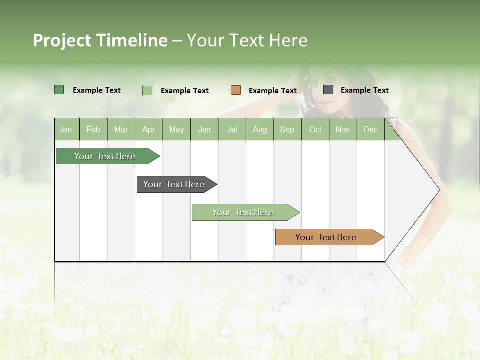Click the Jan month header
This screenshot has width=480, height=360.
(x=66, y=129)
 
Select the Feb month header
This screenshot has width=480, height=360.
(x=93, y=129)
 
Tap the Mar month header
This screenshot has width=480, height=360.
(x=121, y=129)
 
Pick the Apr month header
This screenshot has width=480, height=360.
(x=149, y=129)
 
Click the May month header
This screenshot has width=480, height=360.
(x=176, y=129)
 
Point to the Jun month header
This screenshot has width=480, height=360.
(x=204, y=129)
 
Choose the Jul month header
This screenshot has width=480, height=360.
(x=232, y=129)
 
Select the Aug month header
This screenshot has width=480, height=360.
(x=260, y=129)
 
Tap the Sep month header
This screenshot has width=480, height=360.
(x=287, y=129)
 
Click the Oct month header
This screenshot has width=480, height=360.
(x=315, y=129)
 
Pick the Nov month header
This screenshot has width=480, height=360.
(x=343, y=129)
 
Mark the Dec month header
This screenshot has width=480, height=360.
(x=371, y=129)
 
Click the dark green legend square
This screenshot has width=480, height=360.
(x=59, y=90)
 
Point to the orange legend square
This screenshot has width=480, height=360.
(x=236, y=90)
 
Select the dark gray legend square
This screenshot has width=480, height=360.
(x=328, y=90)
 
